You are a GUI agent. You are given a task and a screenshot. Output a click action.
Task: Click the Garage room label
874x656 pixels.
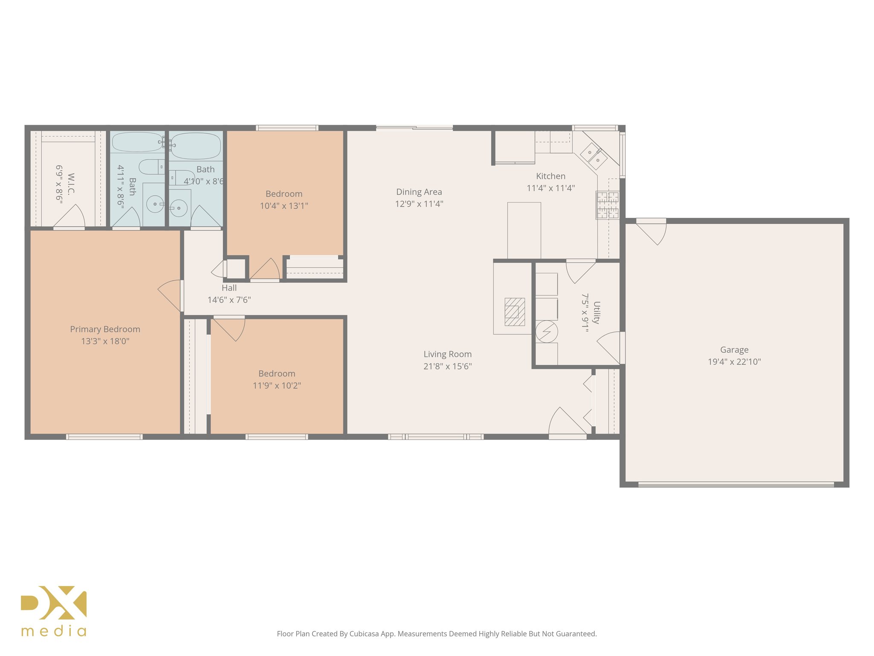point(734,350)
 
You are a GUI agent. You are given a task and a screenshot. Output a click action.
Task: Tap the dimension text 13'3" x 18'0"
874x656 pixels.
point(105,341)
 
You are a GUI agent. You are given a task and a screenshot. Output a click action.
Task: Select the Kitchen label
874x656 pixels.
point(551,176)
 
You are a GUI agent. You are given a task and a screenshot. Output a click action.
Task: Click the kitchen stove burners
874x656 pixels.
point(607,205)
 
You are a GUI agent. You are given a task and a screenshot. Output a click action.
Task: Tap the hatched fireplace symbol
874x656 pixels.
point(515,312)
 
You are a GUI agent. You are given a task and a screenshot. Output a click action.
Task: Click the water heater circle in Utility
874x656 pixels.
point(547,332)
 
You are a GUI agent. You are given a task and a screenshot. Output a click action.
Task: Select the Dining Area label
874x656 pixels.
point(419,192)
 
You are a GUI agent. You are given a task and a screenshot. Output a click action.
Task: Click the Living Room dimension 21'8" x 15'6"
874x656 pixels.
point(447,366)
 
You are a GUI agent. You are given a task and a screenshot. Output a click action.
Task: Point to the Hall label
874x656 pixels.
point(229,288)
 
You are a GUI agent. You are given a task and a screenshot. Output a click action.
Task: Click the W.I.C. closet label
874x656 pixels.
point(71,184)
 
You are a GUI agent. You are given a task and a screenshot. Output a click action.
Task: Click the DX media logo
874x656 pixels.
point(54,611)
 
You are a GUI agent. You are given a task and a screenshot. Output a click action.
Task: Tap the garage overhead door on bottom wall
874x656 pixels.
point(736,484)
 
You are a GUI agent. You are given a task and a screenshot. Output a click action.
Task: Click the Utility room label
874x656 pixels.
point(597,313)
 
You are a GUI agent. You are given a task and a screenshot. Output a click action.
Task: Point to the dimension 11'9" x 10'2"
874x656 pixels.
point(277,386)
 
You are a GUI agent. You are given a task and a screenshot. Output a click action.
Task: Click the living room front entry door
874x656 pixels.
point(567,423)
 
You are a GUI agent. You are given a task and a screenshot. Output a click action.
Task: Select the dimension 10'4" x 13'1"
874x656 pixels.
point(284,206)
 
